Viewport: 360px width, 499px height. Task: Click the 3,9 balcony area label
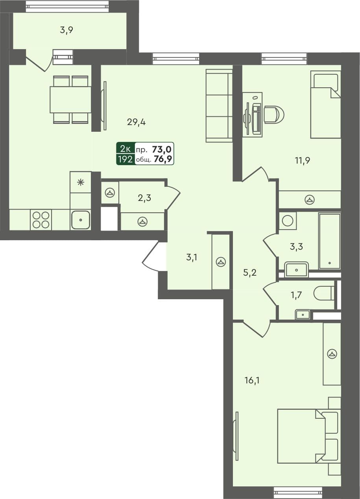tap(66, 30)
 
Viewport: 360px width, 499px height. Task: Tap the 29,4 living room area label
tap(137, 122)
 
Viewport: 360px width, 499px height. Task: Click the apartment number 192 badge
tap(125, 159)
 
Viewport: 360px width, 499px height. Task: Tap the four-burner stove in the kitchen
tap(41, 220)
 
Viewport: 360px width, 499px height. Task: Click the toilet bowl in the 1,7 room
tap(324, 293)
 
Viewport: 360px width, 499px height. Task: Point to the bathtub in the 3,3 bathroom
tap(329, 241)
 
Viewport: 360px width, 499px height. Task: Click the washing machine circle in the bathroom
tap(288, 220)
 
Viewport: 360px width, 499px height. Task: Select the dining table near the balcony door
tap(70, 99)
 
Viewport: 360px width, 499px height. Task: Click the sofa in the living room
tap(219, 105)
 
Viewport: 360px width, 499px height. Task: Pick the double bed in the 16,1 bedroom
tap(307, 436)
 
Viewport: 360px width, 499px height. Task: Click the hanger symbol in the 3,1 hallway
tap(221, 262)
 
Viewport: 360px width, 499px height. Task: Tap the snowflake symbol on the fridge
tap(80, 182)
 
